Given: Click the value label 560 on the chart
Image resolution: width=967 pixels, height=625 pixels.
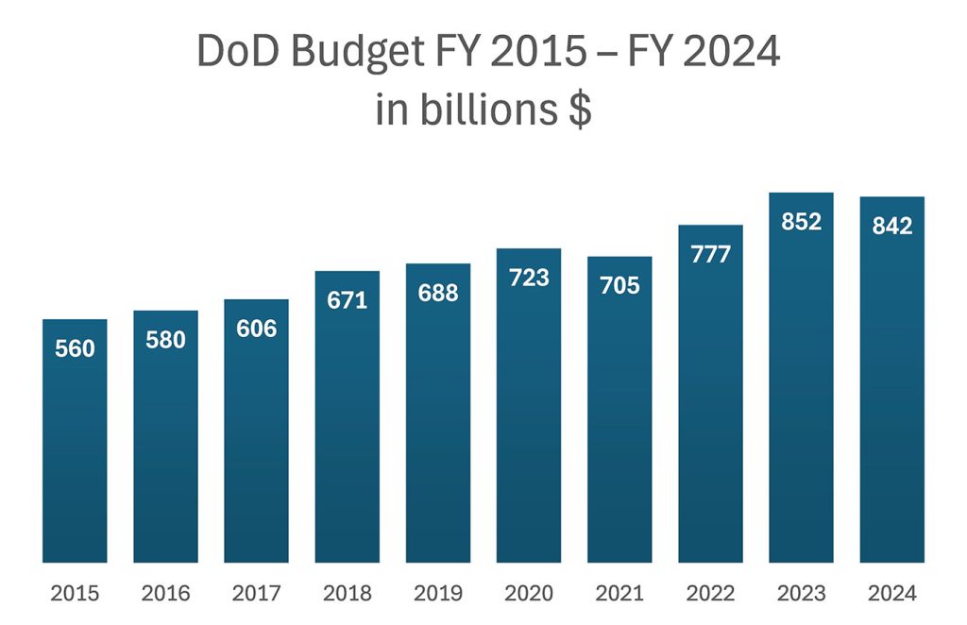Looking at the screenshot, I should click(x=75, y=349).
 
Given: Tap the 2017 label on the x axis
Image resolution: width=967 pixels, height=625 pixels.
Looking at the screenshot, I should click(x=256, y=594).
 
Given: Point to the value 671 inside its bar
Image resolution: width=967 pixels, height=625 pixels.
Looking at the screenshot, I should click(x=348, y=301).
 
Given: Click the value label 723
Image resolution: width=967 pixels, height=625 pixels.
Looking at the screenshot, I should click(x=529, y=279).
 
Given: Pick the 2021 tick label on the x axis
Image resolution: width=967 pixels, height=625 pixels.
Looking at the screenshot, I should click(x=619, y=594).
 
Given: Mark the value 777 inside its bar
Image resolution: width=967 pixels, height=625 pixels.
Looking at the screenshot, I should click(x=710, y=255).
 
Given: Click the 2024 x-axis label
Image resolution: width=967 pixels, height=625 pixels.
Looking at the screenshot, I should click(x=892, y=594).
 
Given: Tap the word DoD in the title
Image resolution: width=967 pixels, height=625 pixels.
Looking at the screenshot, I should click(x=236, y=53).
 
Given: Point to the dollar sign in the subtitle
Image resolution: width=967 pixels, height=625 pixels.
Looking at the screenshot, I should click(x=580, y=110).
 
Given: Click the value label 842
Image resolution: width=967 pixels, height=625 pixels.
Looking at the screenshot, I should click(x=892, y=227).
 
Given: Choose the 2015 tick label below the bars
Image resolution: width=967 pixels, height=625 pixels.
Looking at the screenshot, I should click(x=75, y=594).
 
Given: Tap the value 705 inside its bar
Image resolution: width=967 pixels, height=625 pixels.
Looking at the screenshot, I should click(x=619, y=286).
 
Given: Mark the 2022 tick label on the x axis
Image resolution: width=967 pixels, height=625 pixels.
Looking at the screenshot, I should click(x=710, y=594).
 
